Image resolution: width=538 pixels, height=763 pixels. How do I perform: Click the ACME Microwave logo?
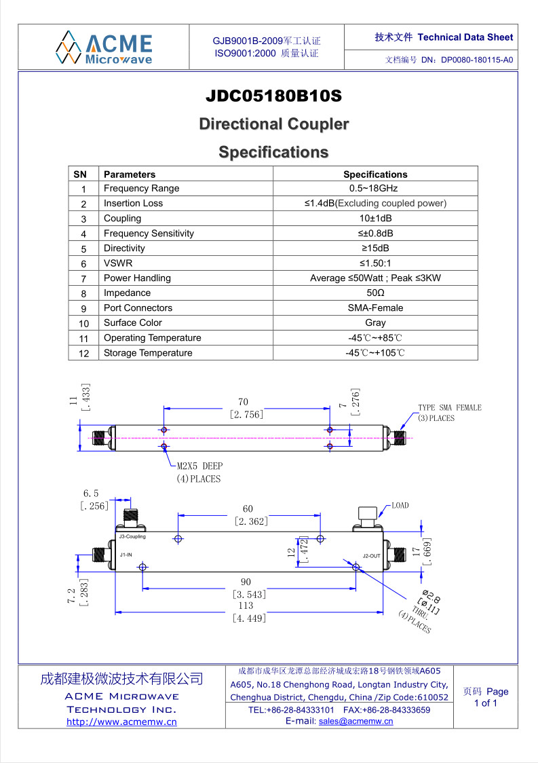pyautogui.click(x=104, y=48)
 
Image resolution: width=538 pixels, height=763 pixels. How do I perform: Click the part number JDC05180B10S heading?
pyautogui.click(x=274, y=95)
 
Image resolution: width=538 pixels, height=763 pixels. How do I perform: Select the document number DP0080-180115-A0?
pyautogui.click(x=477, y=60)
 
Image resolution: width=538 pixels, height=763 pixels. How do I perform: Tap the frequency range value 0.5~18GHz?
pyautogui.click(x=374, y=188)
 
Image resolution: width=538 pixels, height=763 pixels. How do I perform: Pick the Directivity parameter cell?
pyautogui.click(x=125, y=248)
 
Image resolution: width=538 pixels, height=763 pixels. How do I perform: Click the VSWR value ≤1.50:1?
pyautogui.click(x=375, y=263)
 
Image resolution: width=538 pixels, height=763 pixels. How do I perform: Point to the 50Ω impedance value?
pyautogui.click(x=376, y=293)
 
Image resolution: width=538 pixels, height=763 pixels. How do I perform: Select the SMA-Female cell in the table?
pyautogui.click(x=376, y=308)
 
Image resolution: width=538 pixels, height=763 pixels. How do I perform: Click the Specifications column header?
pyautogui.click(x=376, y=174)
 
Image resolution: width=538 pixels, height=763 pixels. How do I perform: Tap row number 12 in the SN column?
pyautogui.click(x=83, y=353)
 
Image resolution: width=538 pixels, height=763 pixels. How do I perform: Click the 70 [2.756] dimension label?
pyautogui.click(x=246, y=408)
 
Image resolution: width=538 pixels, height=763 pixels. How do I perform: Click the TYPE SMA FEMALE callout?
pyautogui.click(x=450, y=413)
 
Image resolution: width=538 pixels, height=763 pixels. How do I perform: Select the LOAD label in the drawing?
pyautogui.click(x=400, y=506)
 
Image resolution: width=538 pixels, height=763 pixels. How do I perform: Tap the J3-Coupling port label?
pyautogui.click(x=132, y=537)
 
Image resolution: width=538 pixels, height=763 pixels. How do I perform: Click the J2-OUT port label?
pyautogui.click(x=372, y=556)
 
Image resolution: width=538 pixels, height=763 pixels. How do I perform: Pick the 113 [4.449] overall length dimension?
pyautogui.click(x=248, y=612)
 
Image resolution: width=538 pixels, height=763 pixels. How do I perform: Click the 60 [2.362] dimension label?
pyautogui.click(x=250, y=515)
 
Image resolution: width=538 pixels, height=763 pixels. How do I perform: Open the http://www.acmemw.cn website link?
pyautogui.click(x=121, y=722)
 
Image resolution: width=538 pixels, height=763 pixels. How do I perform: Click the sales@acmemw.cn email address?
pyautogui.click(x=356, y=721)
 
